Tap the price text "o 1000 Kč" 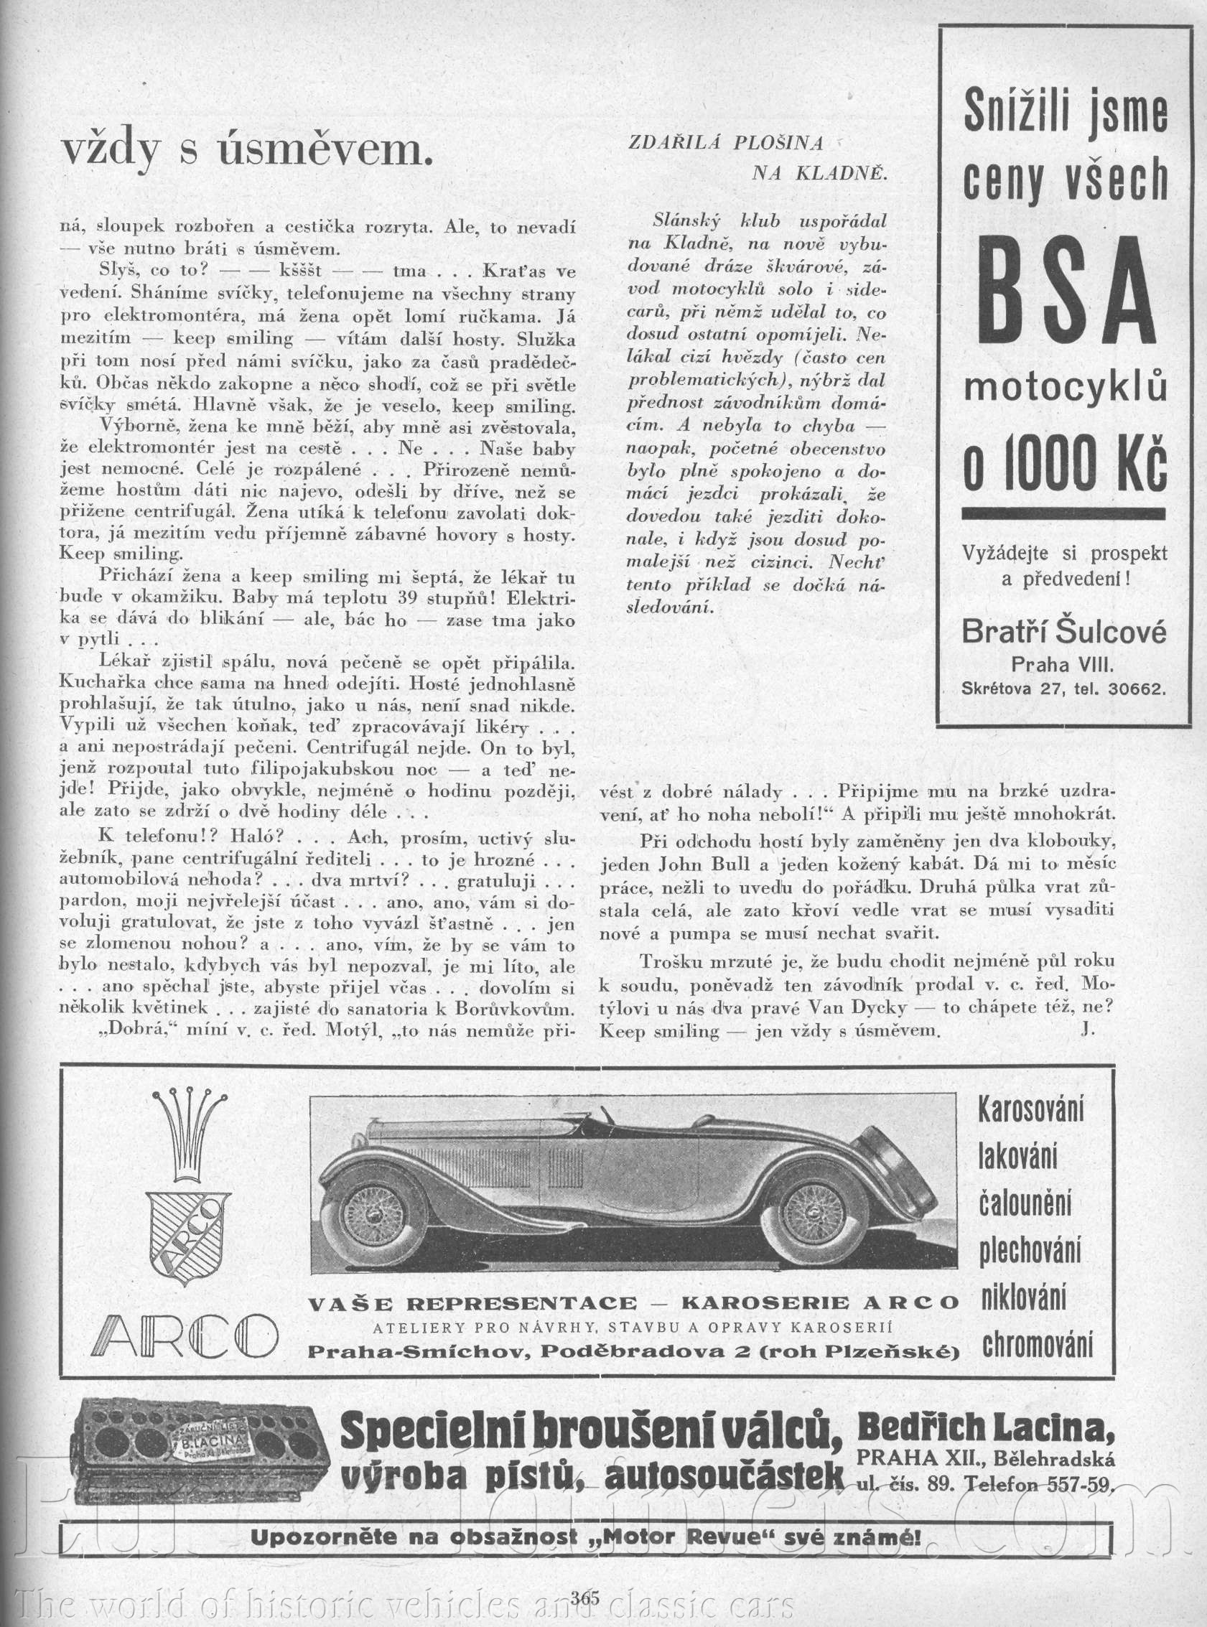tap(1065, 468)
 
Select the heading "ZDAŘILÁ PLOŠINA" tap(726, 143)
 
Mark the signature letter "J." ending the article tap(1087, 1030)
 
